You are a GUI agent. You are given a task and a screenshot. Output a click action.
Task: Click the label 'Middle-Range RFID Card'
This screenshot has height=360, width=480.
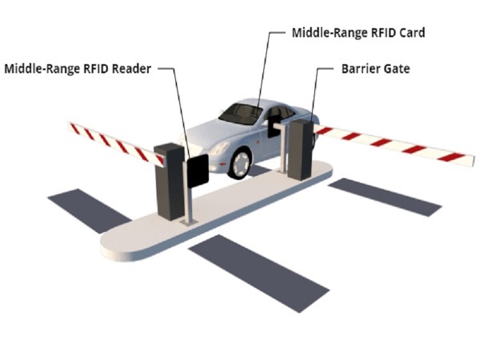pyautogui.click(x=358, y=33)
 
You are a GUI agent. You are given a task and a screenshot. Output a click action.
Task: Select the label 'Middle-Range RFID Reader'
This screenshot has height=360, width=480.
pyautogui.click(x=77, y=68)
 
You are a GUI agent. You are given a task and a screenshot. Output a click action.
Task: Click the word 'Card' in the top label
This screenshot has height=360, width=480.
pyautogui.click(x=412, y=33)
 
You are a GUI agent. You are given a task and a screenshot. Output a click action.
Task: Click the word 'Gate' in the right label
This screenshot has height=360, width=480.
pyautogui.click(x=397, y=68)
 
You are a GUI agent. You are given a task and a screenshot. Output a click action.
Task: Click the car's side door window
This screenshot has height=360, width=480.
pyautogui.click(x=278, y=114)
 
